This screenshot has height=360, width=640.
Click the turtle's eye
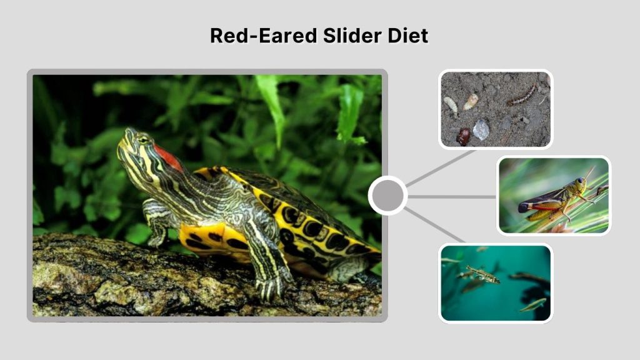point(143,139)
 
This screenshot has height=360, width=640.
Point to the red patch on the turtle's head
point(167,156)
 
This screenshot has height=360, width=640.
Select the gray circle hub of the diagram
point(387,196)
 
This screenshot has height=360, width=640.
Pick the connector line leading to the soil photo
point(441,167)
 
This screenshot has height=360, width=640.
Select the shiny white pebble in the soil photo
point(481,129)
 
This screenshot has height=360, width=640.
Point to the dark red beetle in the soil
point(463,136)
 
